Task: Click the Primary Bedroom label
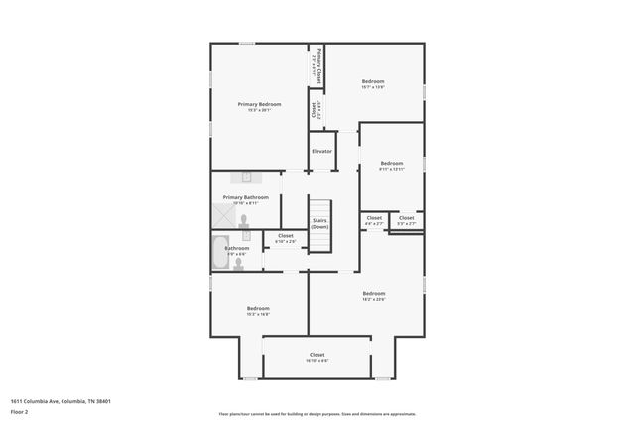tap(259, 104)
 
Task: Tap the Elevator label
tap(321, 151)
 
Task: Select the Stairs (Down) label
tap(319, 224)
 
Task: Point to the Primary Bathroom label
tap(245, 197)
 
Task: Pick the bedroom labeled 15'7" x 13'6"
tap(373, 82)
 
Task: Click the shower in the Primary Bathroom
tap(224, 214)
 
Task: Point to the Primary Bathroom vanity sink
tap(246, 177)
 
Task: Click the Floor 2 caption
tap(19, 412)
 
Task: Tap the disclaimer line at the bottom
tap(317, 414)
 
